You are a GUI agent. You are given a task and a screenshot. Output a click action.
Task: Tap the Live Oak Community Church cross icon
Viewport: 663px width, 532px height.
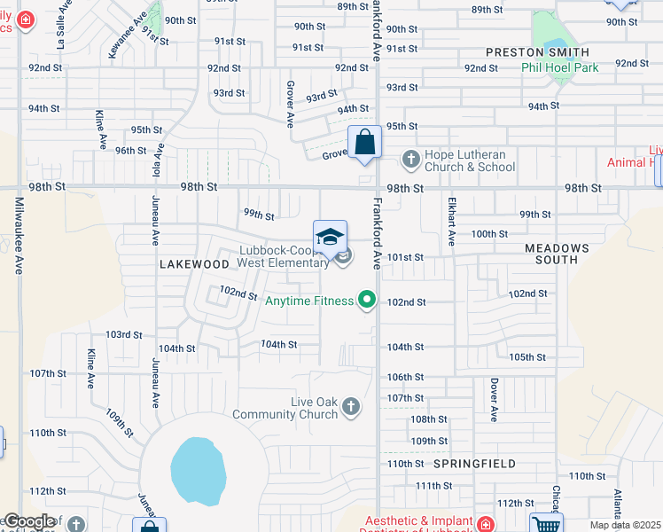[351, 407]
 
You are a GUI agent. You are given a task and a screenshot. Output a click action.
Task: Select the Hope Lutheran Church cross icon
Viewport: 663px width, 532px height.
[410, 160]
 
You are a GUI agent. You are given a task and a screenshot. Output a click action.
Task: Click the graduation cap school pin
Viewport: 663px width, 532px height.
[330, 237]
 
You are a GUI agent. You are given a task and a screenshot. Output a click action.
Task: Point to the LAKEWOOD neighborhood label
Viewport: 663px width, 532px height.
[194, 264]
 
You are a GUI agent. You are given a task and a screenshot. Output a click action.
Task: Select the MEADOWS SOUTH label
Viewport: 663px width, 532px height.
[557, 254]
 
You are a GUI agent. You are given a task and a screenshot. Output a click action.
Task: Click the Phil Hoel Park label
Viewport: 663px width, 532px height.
[560, 67]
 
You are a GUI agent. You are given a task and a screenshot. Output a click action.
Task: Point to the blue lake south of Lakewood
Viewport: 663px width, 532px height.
[196, 471]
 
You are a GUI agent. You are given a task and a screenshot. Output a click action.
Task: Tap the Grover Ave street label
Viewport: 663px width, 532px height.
[290, 104]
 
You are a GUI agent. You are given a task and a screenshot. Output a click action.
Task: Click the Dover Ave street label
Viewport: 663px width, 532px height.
[494, 400]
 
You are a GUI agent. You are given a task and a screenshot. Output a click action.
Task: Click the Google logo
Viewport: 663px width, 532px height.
[29, 521]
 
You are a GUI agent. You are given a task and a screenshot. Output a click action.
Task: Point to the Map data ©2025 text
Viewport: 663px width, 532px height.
[626, 525]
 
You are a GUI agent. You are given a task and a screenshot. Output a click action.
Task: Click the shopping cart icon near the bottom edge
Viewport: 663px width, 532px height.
[545, 524]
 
